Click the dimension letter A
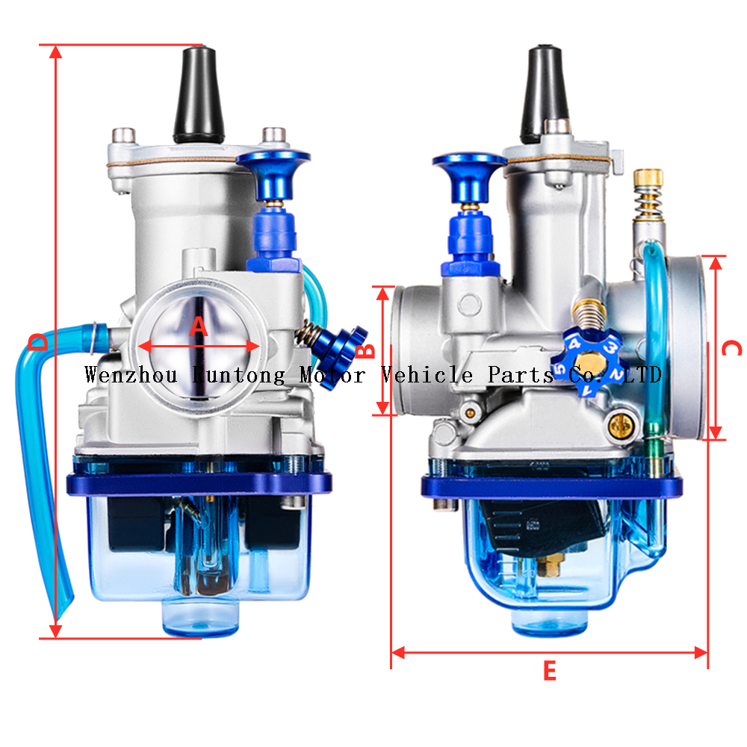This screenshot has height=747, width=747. coord(199,326)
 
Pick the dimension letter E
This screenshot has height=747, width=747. coord(549,672)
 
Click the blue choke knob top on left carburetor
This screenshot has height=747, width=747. coord(272,160)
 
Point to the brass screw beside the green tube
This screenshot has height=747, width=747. coord(618,425)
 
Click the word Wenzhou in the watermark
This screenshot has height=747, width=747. coord(130,374)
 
